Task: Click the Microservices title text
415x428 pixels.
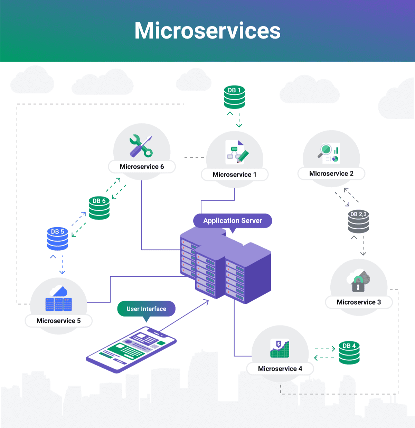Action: click(x=207, y=31)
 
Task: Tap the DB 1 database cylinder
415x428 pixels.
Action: click(x=234, y=97)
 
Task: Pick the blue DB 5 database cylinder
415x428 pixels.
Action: click(x=57, y=239)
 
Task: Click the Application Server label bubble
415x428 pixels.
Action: click(x=233, y=221)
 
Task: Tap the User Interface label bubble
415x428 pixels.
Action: click(x=146, y=309)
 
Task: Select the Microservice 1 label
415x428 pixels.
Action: click(x=234, y=175)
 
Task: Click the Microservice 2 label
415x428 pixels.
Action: click(x=331, y=173)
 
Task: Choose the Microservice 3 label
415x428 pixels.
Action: click(x=359, y=302)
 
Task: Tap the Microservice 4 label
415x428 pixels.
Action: click(x=280, y=369)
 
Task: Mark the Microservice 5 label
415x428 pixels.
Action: click(x=58, y=321)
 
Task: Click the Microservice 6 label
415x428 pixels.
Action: click(x=142, y=167)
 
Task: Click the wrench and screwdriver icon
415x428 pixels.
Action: click(x=141, y=146)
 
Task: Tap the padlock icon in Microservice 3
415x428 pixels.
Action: click(x=358, y=285)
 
